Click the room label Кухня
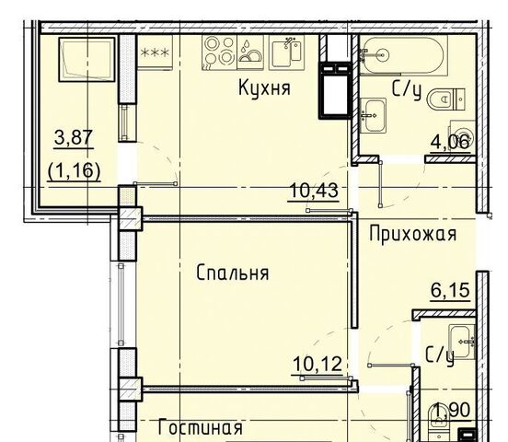pos(264,87)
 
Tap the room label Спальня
pos(233,273)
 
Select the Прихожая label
pos(412,234)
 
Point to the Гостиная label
pos(201,427)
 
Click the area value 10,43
pos(313,191)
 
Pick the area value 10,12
pos(317,364)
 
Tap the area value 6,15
pos(450,290)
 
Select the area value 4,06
pos(450,142)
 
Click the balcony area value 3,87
pos(74,137)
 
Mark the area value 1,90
pos(452,410)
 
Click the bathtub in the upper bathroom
pos(403,55)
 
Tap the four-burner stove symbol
pos(219,52)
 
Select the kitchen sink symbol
pos(286,52)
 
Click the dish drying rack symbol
pos(250,52)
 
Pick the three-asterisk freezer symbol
pos(155,52)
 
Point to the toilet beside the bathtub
pos(446,99)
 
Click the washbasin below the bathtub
pos(373,116)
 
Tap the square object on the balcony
pos(87,60)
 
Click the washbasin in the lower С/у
pos(461,342)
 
